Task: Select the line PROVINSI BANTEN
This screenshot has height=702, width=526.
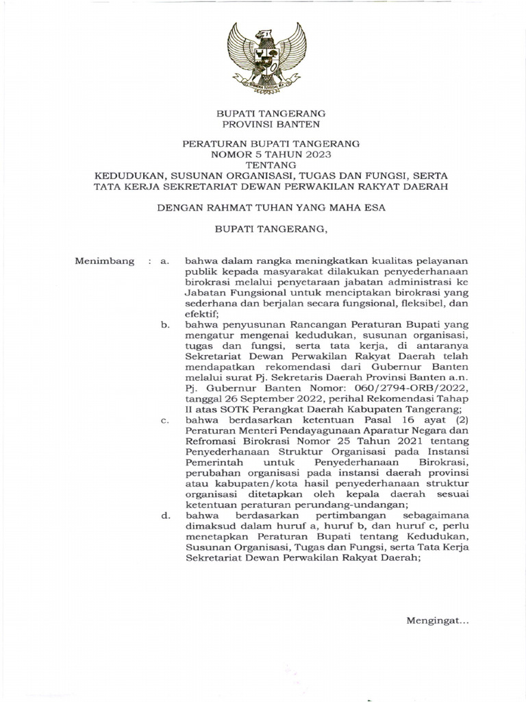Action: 263,124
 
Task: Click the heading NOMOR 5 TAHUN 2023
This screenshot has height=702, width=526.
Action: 263,154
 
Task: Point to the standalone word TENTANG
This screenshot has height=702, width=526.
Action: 263,165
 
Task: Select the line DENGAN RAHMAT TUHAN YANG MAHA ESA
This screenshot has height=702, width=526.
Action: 263,208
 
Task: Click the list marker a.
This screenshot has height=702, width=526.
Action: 164,261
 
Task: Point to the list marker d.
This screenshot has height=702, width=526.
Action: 164,515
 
